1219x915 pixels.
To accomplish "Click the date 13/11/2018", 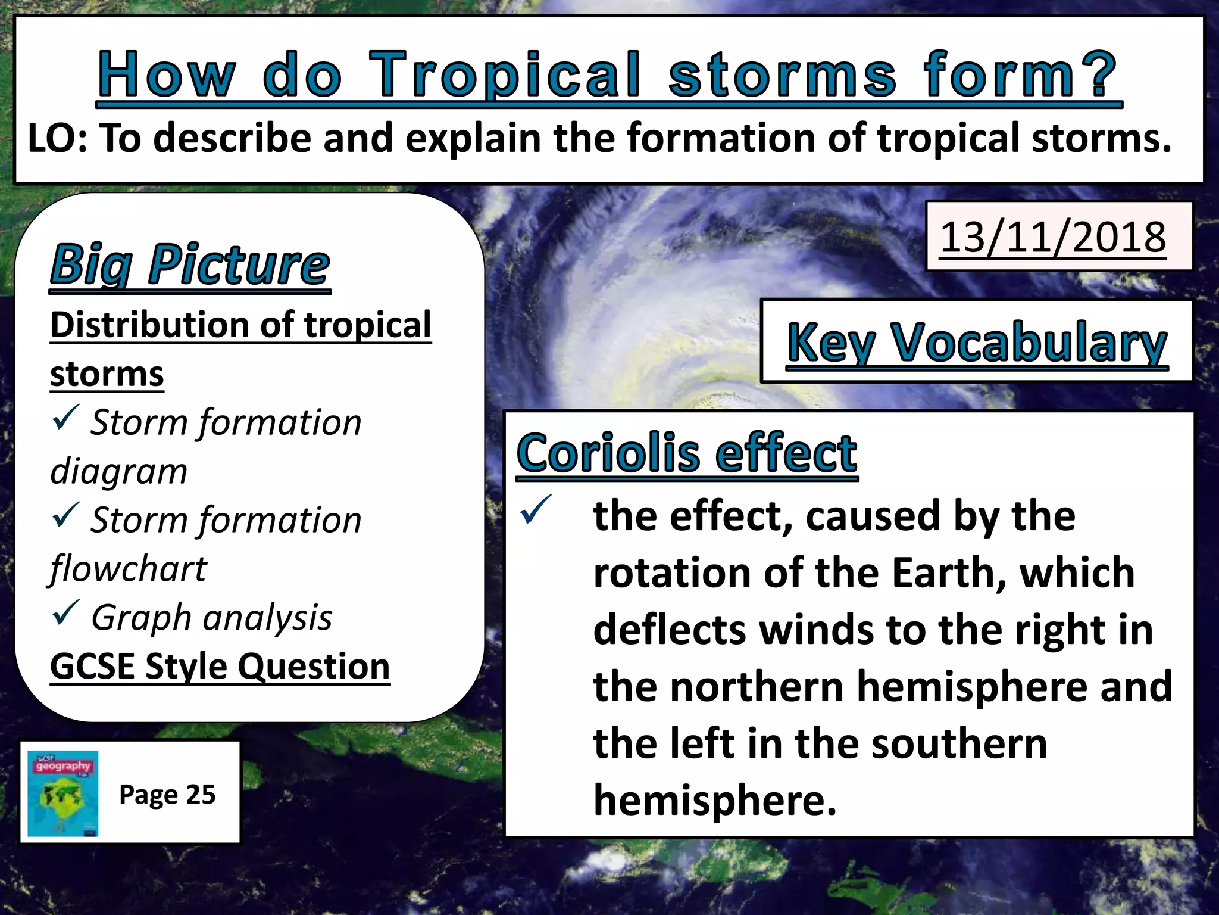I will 1052,237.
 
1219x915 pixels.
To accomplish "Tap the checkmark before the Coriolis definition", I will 535,510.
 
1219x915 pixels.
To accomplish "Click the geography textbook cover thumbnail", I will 63,793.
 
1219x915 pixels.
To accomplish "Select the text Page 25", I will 167,795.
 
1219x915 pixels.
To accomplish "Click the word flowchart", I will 129,568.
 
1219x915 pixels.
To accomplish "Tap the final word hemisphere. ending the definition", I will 715,800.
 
